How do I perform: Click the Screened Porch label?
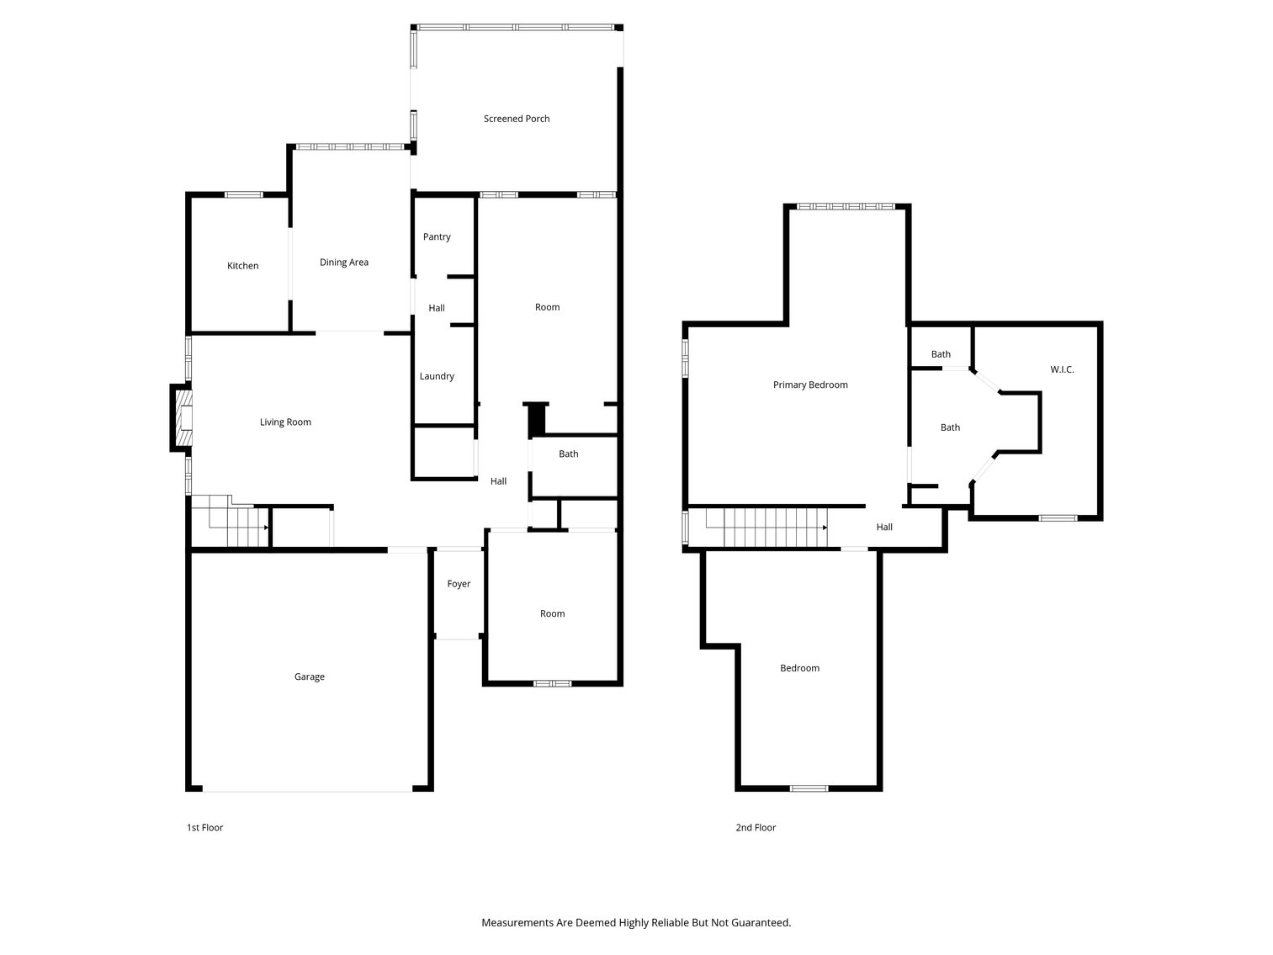(517, 119)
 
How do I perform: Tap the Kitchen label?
(242, 266)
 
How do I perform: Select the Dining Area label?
(343, 263)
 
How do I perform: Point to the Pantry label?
(437, 237)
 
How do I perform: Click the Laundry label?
(437, 376)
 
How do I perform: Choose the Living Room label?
(285, 422)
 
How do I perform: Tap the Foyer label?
(459, 584)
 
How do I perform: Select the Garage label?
(309, 676)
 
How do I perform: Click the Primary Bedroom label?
(810, 385)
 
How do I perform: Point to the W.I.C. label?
(1062, 369)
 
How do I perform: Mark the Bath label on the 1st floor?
(569, 454)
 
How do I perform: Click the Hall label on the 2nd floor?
(884, 528)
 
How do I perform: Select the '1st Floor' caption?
(204, 828)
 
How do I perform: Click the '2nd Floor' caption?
(756, 828)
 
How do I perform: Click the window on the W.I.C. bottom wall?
(1058, 518)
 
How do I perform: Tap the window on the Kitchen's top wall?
(244, 195)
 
